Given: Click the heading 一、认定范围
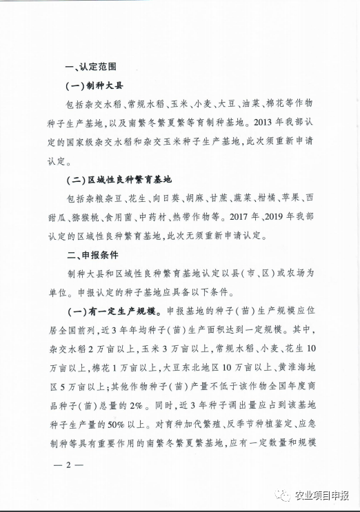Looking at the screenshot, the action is [x=90, y=67].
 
